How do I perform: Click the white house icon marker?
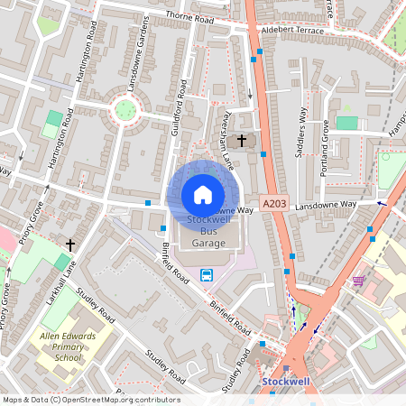click(203, 194)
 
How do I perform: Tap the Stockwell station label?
click(285, 383)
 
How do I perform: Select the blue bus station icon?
click(207, 274)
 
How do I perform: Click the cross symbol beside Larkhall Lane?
click(70, 245)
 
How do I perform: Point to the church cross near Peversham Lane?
click(241, 141)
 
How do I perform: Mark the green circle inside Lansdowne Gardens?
click(125, 111)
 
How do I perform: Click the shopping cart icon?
click(359, 281)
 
